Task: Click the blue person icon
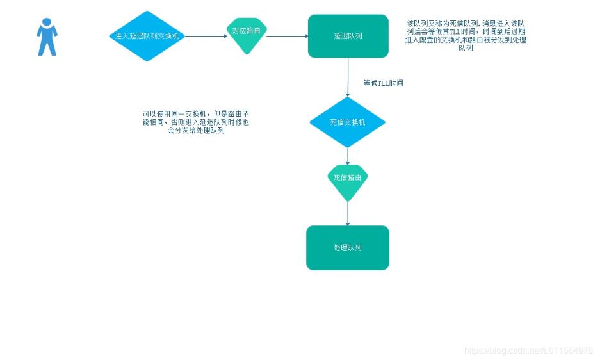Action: pyautogui.click(x=47, y=37)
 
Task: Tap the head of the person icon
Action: pyautogui.click(x=47, y=22)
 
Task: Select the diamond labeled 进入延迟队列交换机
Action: pyautogui.click(x=147, y=36)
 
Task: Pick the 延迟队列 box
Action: pyautogui.click(x=348, y=36)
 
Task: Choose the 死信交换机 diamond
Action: pyautogui.click(x=348, y=122)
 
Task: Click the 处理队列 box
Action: pyautogui.click(x=348, y=248)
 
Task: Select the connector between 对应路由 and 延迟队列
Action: pyautogui.click(x=287, y=36)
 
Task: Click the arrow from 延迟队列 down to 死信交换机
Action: pyautogui.click(x=348, y=77)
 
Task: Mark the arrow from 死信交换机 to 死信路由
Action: pyautogui.click(x=348, y=156)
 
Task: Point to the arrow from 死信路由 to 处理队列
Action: pyautogui.click(x=348, y=213)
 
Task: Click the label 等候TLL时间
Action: pyautogui.click(x=383, y=83)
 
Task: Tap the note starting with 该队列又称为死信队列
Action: pyautogui.click(x=466, y=35)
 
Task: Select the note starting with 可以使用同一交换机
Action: pyautogui.click(x=196, y=122)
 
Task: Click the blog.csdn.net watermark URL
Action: pyautogui.click(x=528, y=350)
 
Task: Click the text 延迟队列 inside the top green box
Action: pyautogui.click(x=348, y=36)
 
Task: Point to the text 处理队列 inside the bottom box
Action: pyautogui.click(x=348, y=248)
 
